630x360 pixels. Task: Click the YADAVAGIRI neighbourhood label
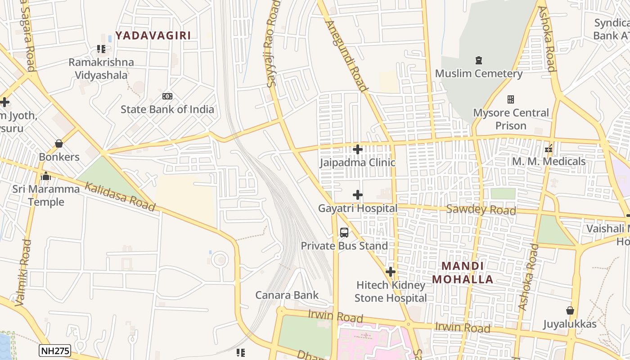click(x=153, y=36)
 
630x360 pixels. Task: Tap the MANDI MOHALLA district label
click(x=463, y=273)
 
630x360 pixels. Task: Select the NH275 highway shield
click(x=55, y=351)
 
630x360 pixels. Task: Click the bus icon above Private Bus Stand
click(x=344, y=233)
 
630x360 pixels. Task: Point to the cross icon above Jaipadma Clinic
click(x=358, y=149)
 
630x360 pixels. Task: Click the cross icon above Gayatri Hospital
click(x=358, y=195)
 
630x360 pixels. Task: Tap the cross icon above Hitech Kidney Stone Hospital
click(x=391, y=272)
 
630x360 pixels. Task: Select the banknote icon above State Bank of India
click(x=167, y=96)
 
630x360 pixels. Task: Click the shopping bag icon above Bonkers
click(x=58, y=144)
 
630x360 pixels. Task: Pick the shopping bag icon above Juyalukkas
click(x=570, y=310)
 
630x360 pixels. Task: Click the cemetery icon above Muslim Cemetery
click(x=478, y=60)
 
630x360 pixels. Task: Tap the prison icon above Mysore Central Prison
click(x=511, y=99)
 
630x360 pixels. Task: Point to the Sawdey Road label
click(x=481, y=210)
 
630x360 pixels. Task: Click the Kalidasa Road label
click(x=120, y=197)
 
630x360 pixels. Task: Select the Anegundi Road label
click(x=347, y=55)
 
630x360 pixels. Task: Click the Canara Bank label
click(x=287, y=295)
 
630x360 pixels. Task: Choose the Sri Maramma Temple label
click(x=46, y=195)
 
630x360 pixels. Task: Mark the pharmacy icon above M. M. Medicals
click(x=549, y=148)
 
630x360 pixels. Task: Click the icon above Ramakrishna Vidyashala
click(x=101, y=49)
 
